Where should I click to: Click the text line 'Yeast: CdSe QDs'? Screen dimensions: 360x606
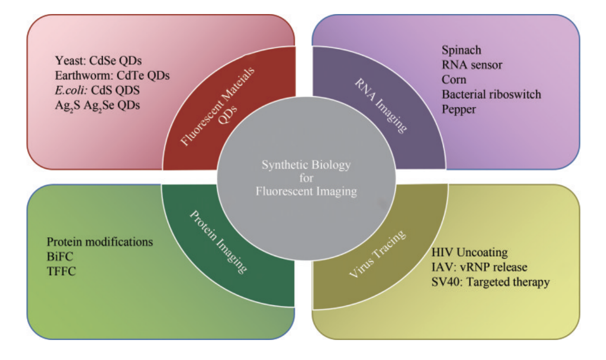coord(98,60)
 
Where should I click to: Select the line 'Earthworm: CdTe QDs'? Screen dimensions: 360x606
coord(112,75)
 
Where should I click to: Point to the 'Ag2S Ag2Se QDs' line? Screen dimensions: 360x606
coord(97,105)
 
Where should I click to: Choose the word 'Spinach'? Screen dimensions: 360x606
coord(461,50)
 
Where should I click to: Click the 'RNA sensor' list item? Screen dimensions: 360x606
coord(471,65)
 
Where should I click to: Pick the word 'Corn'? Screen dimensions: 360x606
coord(454,79)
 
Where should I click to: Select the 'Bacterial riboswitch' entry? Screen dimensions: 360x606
coord(491,94)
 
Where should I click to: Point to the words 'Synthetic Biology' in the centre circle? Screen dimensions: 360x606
coord(306,164)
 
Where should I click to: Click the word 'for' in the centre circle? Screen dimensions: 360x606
coord(306,177)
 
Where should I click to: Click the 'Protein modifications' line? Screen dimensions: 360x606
coord(99,242)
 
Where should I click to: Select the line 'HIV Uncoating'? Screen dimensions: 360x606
coord(469,252)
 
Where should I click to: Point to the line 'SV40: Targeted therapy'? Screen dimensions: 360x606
coord(490,282)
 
